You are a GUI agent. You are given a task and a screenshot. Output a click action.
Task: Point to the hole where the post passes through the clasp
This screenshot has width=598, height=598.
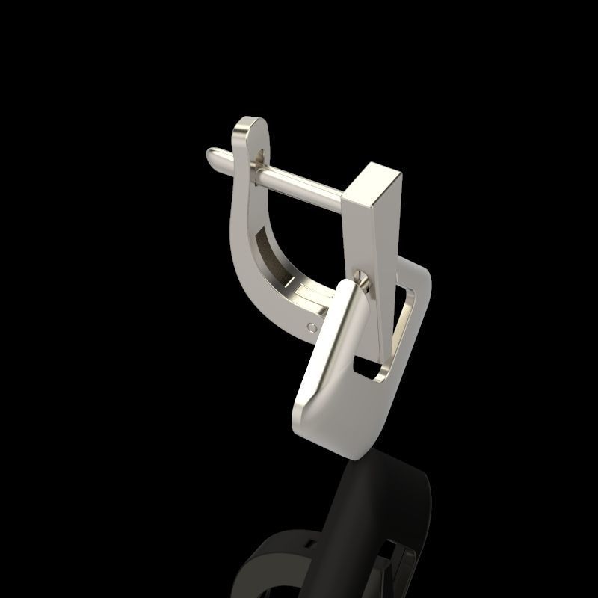coord(259,158)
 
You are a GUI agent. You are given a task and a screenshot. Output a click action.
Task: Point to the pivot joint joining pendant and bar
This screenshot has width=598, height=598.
coord(363,281)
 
